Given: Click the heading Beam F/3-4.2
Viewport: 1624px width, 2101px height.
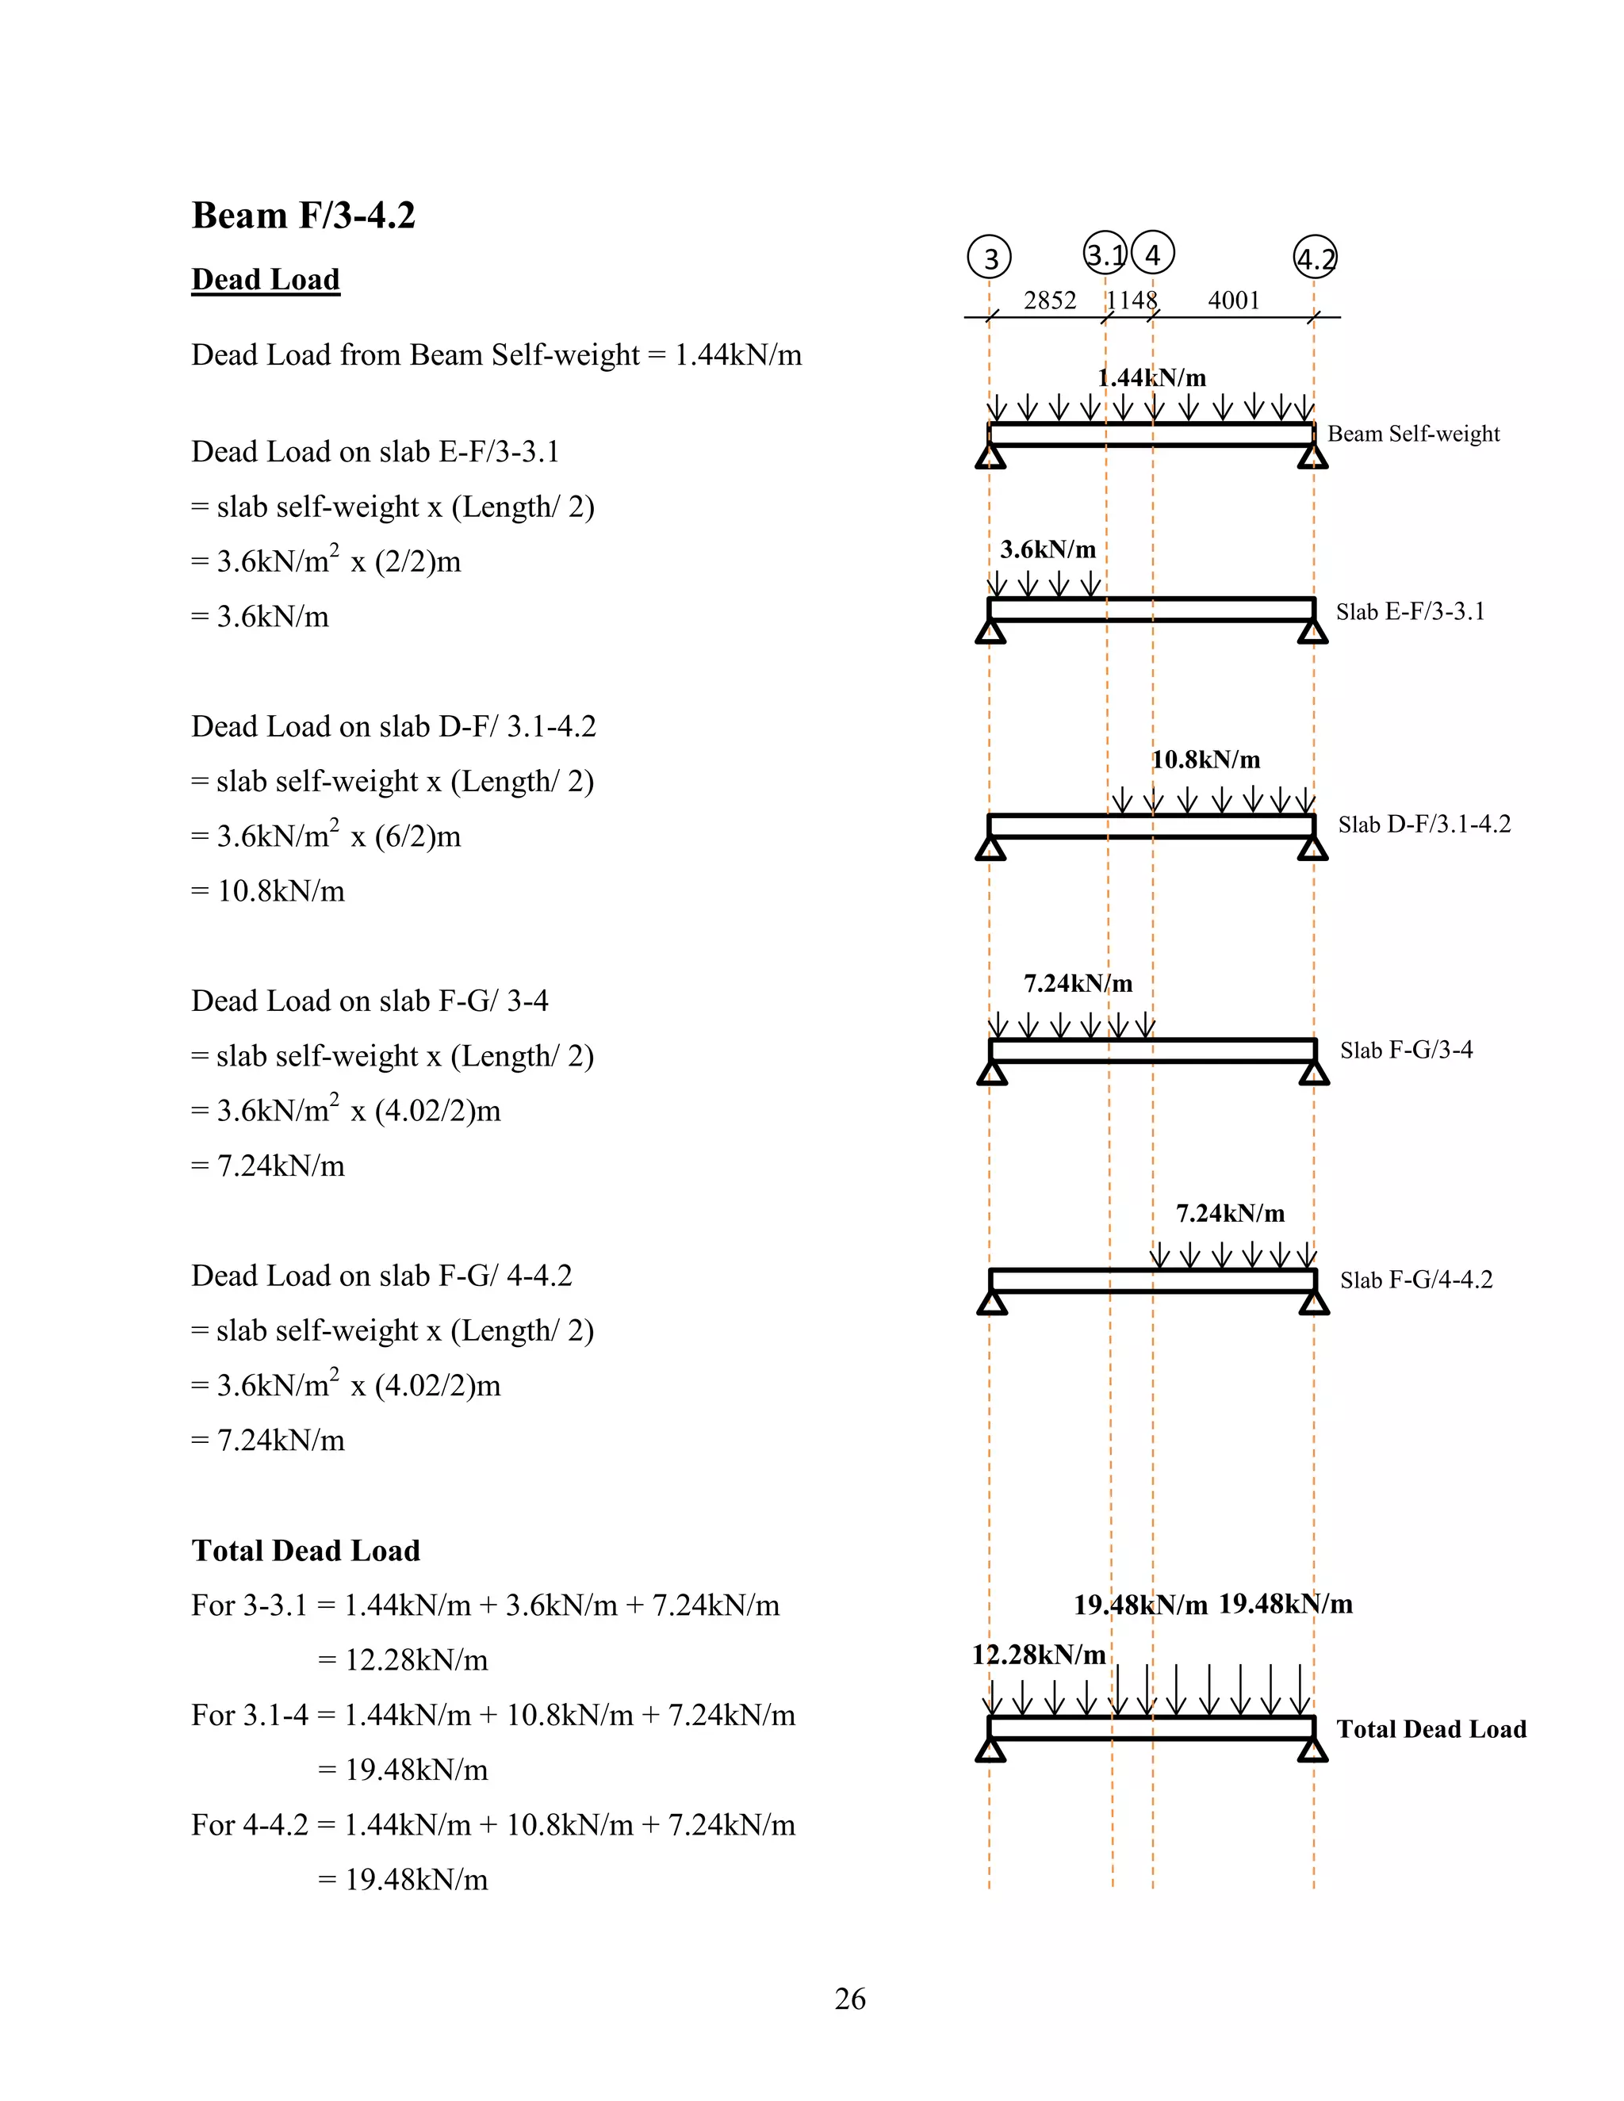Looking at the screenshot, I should click(303, 216).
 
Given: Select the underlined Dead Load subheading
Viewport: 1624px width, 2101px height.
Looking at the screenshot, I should click(266, 279).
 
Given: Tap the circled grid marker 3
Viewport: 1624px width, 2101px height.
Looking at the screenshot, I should click(989, 258).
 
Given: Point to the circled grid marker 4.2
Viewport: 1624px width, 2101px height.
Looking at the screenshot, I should click(1316, 258).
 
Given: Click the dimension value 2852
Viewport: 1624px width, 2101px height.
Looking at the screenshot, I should click(1050, 300).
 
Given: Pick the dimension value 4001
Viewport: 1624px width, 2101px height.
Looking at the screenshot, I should click(1233, 300).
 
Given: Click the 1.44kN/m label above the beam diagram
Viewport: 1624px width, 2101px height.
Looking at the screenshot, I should click(1151, 378).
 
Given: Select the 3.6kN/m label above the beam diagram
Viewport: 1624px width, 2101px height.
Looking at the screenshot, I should click(1048, 549).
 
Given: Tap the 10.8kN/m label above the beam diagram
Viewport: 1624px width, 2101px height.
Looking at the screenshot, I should click(1205, 760).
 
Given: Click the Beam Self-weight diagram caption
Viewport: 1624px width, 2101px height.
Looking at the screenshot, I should click(1413, 434).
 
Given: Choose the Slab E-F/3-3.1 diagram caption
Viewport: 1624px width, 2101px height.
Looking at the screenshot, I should click(1411, 612).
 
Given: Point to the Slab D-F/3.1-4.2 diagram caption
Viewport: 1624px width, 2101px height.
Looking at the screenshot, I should click(1424, 825).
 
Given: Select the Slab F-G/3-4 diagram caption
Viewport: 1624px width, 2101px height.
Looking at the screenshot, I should click(1407, 1050).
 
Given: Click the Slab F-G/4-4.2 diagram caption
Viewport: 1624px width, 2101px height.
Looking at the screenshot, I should click(1416, 1280).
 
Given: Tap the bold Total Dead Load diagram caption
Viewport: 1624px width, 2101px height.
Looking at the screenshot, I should click(1431, 1728).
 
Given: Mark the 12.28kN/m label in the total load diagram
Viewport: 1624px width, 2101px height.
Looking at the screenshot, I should click(1038, 1655).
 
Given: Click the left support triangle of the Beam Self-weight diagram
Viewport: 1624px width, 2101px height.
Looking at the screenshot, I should click(990, 457).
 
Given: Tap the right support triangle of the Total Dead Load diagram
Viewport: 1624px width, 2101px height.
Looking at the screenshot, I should click(1312, 1750).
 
